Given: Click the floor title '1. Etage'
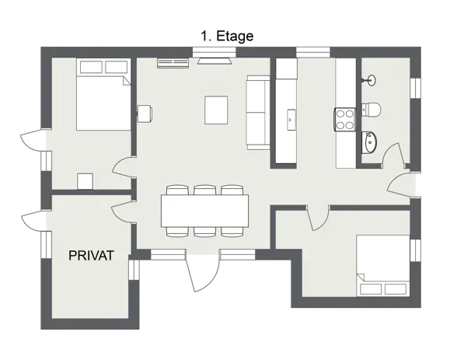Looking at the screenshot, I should pos(227,35).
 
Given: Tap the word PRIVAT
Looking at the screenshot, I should pos(92,256).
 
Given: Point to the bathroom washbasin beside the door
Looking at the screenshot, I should pos(370,143).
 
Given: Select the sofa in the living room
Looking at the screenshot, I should pos(256,113).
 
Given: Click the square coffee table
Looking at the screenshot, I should pos(216,110).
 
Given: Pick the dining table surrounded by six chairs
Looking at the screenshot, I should pos(204,210).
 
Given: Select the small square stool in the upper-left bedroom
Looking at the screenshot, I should pos(85,181).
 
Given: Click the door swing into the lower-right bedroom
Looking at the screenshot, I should pos(316,218).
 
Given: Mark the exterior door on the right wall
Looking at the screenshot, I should pos(400,187).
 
